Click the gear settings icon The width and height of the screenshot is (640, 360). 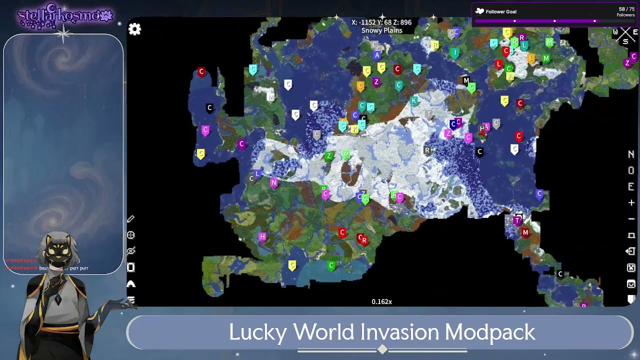pyautogui.click(x=134, y=29)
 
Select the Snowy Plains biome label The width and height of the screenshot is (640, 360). pyautogui.click(x=381, y=30)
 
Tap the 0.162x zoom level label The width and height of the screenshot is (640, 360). pyautogui.click(x=381, y=301)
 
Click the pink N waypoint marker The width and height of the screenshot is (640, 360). pyautogui.click(x=273, y=183)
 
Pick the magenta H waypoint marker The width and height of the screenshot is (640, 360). pyautogui.click(x=262, y=236)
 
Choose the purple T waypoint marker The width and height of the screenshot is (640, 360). pyautogui.click(x=517, y=220)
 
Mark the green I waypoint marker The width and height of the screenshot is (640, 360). pyautogui.click(x=455, y=52)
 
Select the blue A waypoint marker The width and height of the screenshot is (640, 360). pyautogui.click(x=377, y=55)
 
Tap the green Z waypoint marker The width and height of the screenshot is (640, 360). pyautogui.click(x=328, y=156)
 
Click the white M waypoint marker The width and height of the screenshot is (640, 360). pyautogui.click(x=270, y=97)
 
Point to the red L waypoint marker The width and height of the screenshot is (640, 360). pyautogui.click(x=498, y=64)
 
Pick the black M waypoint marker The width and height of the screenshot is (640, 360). pyautogui.click(x=466, y=80)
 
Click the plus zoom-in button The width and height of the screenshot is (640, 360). pyautogui.click(x=631, y=202)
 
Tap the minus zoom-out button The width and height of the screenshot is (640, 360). pyautogui.click(x=631, y=218)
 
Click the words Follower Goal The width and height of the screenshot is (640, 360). pyautogui.click(x=501, y=11)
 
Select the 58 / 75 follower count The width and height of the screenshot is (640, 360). pyautogui.click(x=626, y=9)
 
